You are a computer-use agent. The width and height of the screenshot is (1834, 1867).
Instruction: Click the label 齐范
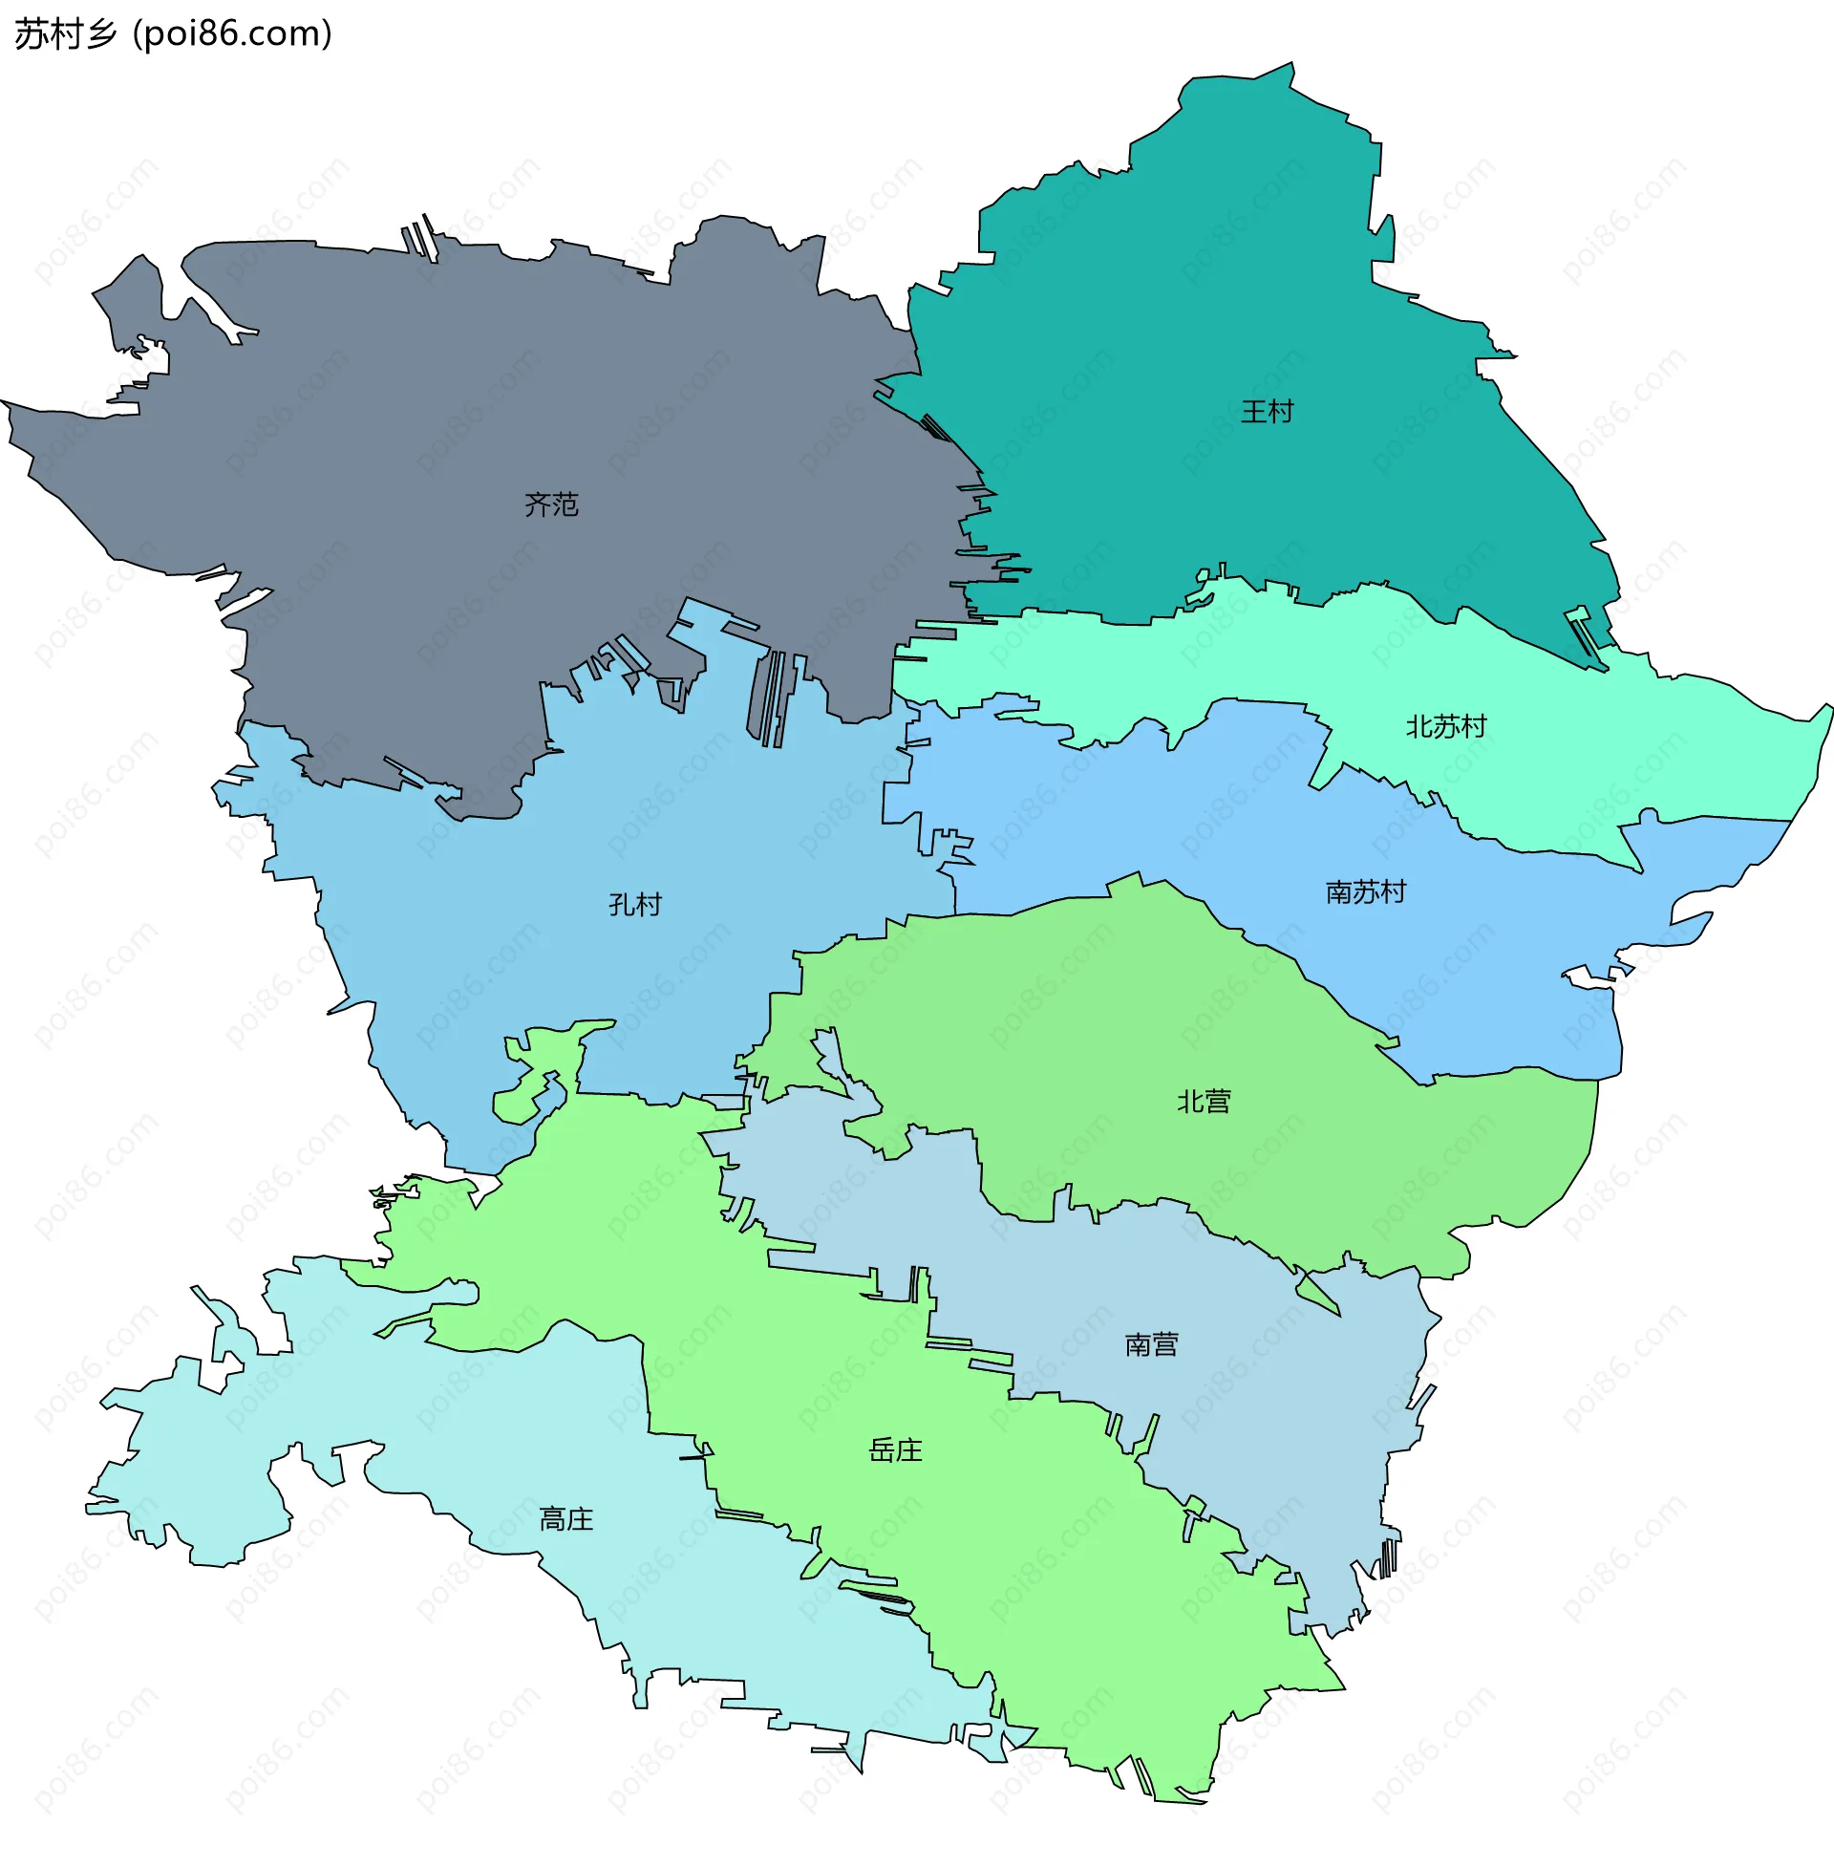[551, 504]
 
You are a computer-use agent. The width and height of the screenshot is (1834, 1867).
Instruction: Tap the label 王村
[1267, 412]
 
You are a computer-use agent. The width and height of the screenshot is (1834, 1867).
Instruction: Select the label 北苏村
[1446, 726]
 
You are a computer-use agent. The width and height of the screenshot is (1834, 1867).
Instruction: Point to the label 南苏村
[1365, 892]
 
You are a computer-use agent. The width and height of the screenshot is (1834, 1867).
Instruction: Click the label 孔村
[635, 905]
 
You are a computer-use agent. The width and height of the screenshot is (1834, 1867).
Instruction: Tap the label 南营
[1151, 1345]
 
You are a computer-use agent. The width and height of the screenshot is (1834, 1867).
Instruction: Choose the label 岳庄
[895, 1450]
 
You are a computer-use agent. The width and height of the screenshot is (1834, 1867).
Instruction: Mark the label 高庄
[565, 1520]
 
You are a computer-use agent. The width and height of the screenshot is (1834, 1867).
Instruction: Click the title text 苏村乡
[66, 34]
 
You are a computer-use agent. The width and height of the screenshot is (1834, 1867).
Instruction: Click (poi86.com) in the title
[233, 34]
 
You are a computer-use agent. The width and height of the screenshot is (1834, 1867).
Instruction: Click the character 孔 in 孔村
[621, 905]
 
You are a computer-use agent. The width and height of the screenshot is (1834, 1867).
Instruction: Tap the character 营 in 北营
[1217, 1101]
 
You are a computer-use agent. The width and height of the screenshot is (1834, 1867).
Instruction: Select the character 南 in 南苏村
[1339, 892]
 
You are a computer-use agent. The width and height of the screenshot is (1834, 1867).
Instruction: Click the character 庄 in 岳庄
[908, 1450]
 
